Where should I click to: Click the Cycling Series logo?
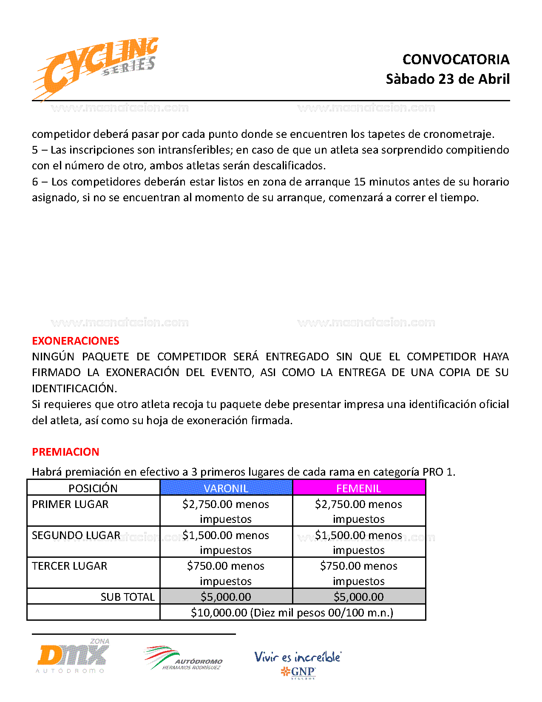(x=96, y=68)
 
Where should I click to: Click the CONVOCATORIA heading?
(x=456, y=60)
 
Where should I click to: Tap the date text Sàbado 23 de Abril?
(x=448, y=79)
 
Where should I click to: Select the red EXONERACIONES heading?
(x=76, y=341)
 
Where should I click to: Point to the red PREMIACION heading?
(x=65, y=452)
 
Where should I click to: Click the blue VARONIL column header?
(x=226, y=488)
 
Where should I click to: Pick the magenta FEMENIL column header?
(x=359, y=488)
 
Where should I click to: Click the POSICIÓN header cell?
(x=93, y=488)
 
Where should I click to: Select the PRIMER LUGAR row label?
(x=70, y=504)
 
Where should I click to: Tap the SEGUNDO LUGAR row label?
(x=76, y=535)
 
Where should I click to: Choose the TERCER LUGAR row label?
(x=70, y=566)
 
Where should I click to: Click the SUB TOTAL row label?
(x=128, y=597)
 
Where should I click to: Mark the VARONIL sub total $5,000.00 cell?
(x=226, y=597)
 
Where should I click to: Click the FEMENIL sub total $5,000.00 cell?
(x=359, y=597)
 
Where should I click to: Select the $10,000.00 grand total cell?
(x=292, y=613)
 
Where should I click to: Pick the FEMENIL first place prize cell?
(x=359, y=511)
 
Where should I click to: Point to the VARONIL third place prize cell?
(x=226, y=573)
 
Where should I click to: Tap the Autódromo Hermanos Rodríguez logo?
(x=184, y=659)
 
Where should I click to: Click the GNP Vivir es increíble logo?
(x=298, y=664)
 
